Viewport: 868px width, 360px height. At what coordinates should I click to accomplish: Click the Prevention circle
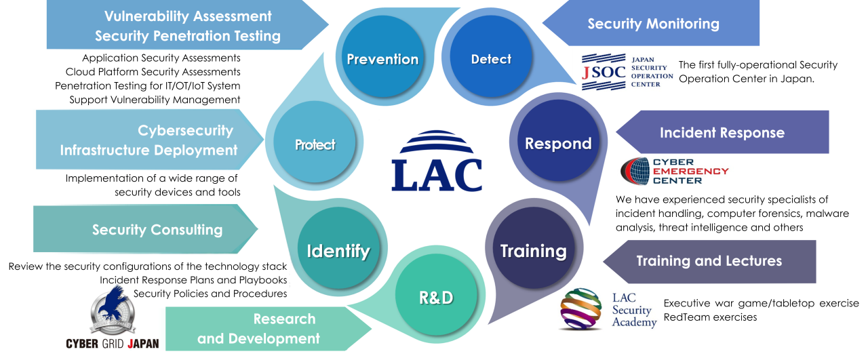(x=382, y=59)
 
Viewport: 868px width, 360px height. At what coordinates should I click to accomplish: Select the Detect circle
(x=491, y=59)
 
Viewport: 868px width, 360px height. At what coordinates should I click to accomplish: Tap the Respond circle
(x=558, y=144)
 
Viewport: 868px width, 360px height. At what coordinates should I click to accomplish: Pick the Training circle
(x=533, y=251)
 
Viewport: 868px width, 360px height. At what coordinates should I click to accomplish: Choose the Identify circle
(x=338, y=251)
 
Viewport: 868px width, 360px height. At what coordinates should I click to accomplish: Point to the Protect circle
(x=315, y=144)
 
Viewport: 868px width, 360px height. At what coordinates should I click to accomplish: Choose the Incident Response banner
(x=722, y=132)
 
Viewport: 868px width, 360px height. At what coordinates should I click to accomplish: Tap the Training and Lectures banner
(x=709, y=261)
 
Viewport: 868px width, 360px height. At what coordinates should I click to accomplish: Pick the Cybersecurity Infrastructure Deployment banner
(x=149, y=140)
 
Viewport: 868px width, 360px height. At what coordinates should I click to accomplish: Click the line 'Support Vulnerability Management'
(x=155, y=100)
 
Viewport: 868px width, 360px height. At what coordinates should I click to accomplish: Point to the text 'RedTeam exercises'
(x=710, y=317)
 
